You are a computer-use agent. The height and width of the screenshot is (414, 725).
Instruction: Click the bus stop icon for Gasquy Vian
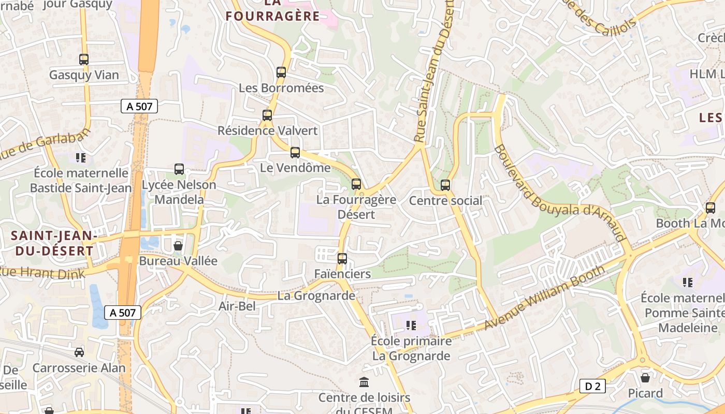click(x=84, y=60)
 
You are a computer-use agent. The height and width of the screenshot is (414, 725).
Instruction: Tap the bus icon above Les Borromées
click(x=281, y=72)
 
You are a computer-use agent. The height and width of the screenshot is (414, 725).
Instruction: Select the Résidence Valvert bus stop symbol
click(x=267, y=115)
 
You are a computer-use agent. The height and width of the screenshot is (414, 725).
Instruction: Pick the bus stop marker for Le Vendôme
click(x=295, y=153)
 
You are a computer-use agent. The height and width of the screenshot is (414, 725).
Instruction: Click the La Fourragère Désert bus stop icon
click(x=356, y=184)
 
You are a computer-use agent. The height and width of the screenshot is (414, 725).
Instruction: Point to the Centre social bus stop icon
click(x=445, y=185)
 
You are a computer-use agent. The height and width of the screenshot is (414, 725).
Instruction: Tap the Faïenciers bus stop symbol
click(x=342, y=259)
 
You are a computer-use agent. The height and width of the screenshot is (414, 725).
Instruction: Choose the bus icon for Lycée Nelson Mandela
click(x=179, y=169)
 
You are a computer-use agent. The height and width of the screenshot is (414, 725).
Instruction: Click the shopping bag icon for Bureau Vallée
click(x=178, y=245)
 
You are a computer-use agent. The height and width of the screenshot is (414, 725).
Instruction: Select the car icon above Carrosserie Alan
click(x=79, y=352)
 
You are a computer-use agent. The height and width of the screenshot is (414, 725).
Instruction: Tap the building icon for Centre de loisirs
click(x=364, y=382)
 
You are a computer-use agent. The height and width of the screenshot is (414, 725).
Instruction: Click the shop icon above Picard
click(x=645, y=378)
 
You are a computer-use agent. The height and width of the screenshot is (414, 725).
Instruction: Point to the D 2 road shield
click(x=592, y=386)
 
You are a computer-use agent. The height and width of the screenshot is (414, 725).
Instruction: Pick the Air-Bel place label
click(x=237, y=306)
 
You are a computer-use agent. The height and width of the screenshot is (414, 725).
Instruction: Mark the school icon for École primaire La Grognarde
click(x=411, y=326)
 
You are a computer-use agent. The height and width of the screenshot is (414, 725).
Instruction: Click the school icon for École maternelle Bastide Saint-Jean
click(x=80, y=157)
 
